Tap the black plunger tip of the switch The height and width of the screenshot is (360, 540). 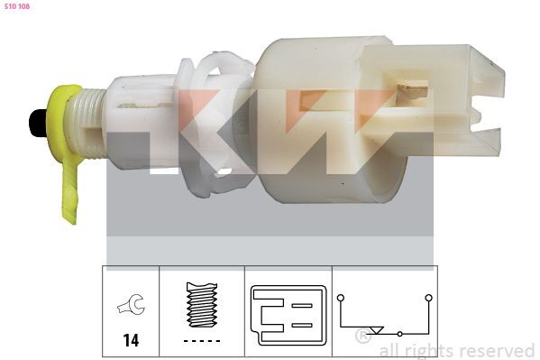click(38, 123)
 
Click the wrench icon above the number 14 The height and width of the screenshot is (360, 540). click(131, 308)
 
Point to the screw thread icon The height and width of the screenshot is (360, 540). click(202, 305)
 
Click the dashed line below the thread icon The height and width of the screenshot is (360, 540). click(202, 340)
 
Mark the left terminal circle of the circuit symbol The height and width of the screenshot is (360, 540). click(341, 297)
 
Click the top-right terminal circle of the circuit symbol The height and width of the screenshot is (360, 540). click(429, 297)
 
